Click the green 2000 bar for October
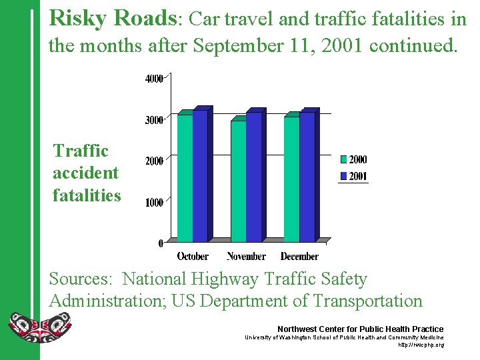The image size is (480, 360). [185, 177]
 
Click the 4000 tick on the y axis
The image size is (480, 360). [154, 79]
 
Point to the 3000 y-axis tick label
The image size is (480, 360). [154, 120]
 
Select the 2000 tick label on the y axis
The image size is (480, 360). [154, 161]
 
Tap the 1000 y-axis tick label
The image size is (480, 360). [154, 202]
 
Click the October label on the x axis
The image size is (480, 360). [193, 256]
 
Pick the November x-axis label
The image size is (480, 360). [246, 256]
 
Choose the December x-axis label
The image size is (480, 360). [299, 256]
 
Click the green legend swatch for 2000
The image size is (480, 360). [343, 159]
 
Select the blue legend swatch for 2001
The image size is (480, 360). [343, 177]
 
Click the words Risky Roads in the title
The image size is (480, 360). [113, 19]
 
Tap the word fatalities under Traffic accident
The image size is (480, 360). [87, 195]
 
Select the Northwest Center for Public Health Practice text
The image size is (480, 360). [360, 329]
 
